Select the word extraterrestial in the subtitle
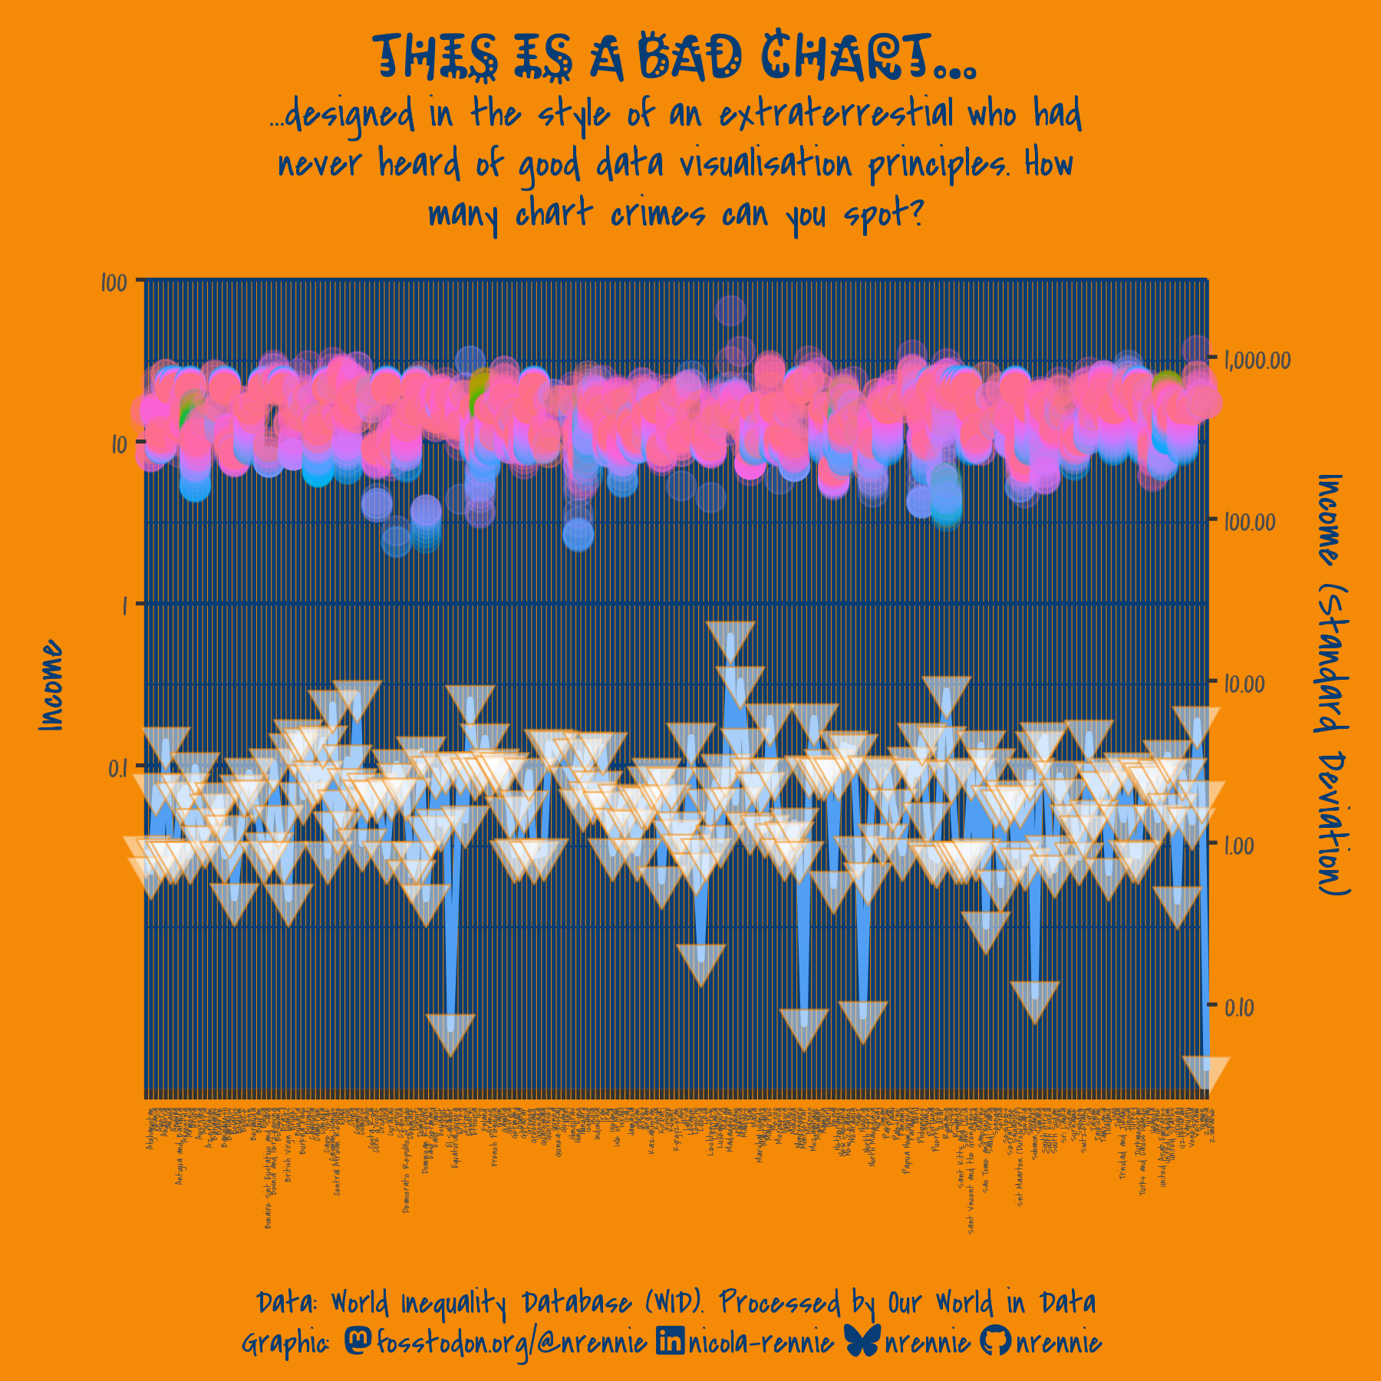tap(836, 115)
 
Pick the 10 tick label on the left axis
tap(118, 444)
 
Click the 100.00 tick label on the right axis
tap(1250, 522)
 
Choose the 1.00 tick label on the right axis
tap(1239, 845)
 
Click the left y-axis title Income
tap(51, 684)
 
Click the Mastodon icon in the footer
tap(358, 1340)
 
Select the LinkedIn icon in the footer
tap(670, 1340)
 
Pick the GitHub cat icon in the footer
tap(995, 1340)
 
